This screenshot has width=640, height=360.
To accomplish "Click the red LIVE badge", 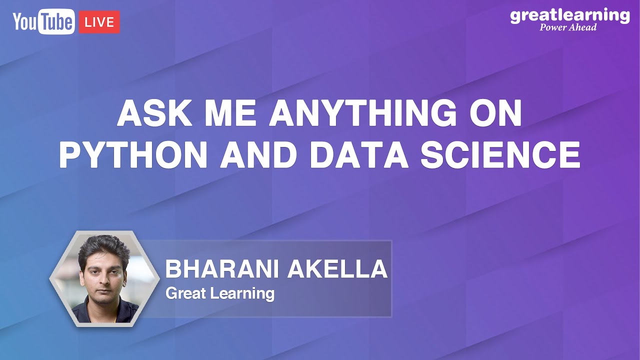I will point(99,22).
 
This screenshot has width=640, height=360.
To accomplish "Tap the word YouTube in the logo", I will point(44,22).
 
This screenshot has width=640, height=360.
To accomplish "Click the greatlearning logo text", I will point(569,15).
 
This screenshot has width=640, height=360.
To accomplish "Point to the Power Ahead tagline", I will point(568,27).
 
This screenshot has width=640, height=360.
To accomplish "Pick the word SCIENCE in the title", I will point(500,155).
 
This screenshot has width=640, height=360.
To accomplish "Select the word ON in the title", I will point(496,114).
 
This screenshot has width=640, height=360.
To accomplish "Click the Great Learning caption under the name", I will point(220,293).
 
